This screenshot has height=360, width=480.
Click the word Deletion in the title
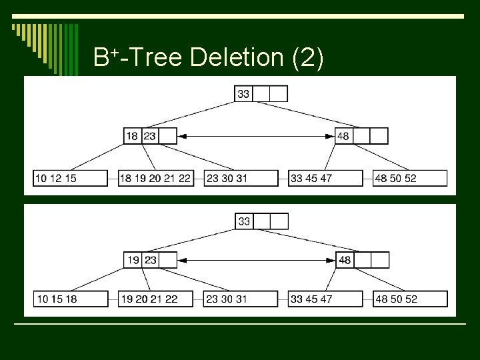[238, 58]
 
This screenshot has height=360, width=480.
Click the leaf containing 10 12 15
[70, 178]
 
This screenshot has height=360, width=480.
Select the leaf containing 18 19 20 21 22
[155, 178]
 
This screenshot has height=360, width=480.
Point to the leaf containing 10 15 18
[70, 299]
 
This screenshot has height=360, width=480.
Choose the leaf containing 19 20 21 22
[155, 299]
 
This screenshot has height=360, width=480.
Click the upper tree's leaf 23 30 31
[241, 178]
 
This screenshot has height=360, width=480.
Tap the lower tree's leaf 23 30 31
[241, 299]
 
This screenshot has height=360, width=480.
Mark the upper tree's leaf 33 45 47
[325, 178]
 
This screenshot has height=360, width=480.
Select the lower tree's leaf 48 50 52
[410, 299]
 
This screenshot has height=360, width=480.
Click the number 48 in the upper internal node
[343, 136]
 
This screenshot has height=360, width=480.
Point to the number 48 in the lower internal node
[345, 260]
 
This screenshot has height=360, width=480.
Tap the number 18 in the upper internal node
[132, 136]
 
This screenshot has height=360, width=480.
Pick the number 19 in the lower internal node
[133, 260]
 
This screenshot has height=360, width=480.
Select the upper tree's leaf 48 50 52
[410, 178]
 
